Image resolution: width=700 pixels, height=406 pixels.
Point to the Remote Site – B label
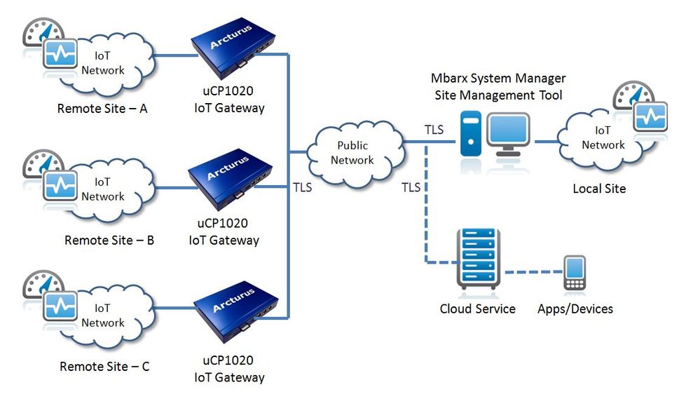click(109, 240)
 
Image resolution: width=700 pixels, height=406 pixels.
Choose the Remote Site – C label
click(104, 366)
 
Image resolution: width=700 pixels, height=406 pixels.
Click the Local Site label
click(599, 188)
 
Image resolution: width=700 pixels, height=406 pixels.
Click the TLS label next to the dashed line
click(411, 187)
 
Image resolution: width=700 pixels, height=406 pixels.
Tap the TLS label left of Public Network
click(302, 187)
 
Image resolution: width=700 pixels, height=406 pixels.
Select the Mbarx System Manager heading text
click(498, 79)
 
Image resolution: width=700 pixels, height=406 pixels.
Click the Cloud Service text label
click(477, 309)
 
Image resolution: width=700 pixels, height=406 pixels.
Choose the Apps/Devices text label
click(575, 309)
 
